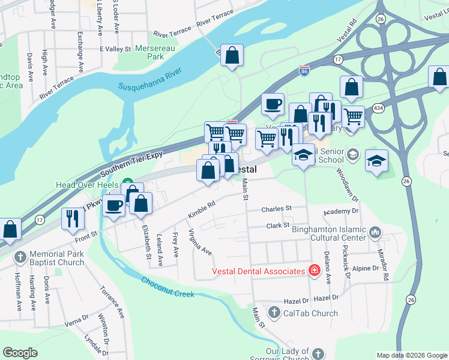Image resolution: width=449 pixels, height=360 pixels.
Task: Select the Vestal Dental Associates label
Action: coord(259,271)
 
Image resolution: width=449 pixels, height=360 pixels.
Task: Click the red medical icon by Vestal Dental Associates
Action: coord(313,271)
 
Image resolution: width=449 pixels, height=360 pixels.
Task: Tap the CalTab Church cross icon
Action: coord(274,313)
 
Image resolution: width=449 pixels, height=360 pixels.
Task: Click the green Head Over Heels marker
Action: coord(127,182)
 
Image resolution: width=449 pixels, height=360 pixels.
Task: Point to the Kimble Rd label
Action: coord(201,211)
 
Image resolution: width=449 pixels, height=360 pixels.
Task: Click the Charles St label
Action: coord(276,209)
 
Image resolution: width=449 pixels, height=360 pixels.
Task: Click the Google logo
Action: coord(20,353)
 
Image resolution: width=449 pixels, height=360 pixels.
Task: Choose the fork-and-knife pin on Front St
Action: coord(70,218)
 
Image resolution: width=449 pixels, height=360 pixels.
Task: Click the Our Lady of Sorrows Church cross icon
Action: coord(318,354)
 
